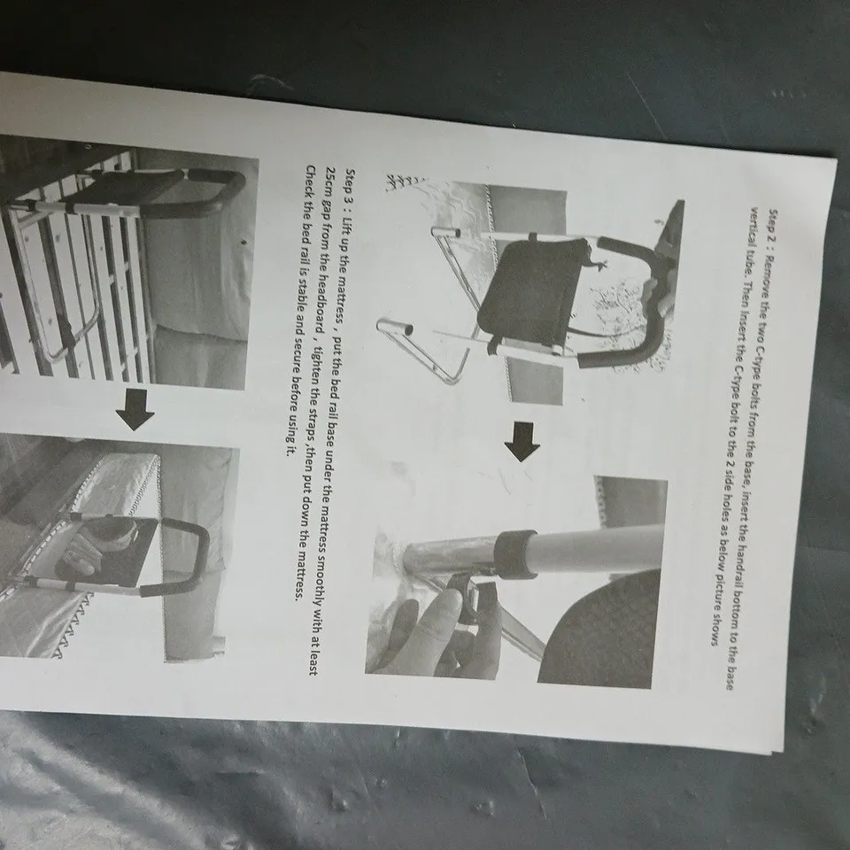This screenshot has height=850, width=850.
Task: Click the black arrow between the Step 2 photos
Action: tap(522, 442)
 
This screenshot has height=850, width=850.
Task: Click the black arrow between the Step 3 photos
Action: tap(135, 409)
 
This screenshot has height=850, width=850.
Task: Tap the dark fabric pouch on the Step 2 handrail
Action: tap(531, 293)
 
